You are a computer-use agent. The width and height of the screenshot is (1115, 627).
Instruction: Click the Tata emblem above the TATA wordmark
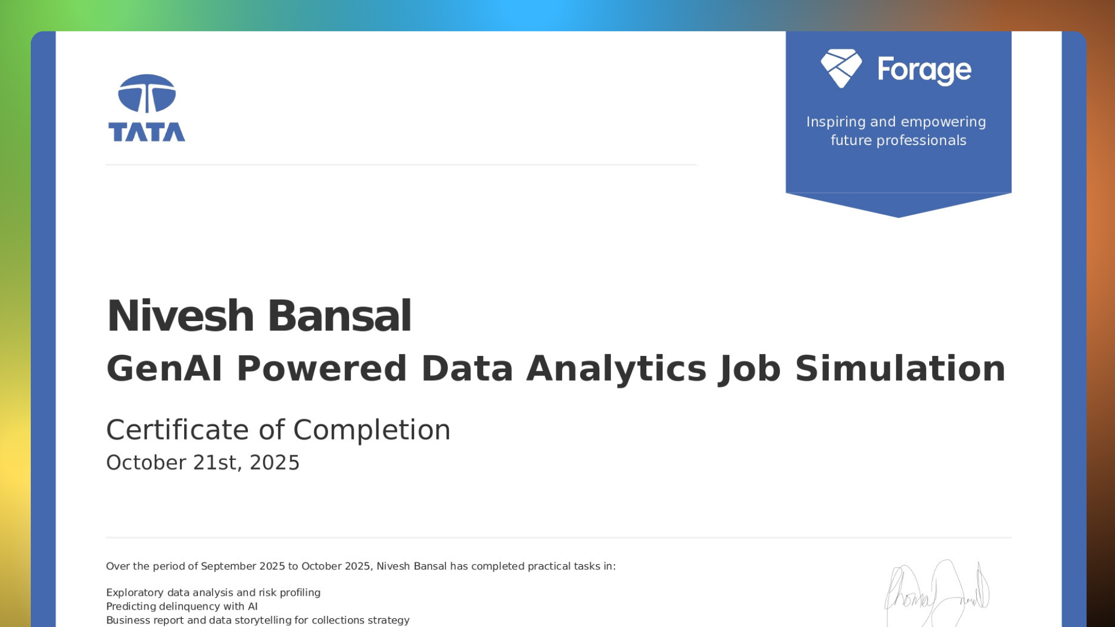(x=147, y=93)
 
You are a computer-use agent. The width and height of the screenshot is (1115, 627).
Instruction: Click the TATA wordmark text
(x=147, y=132)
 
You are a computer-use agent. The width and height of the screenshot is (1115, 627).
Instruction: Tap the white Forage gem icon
(x=841, y=69)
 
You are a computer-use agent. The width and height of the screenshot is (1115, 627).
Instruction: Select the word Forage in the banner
(x=924, y=70)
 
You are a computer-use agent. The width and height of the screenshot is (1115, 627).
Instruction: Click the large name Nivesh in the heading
(x=181, y=316)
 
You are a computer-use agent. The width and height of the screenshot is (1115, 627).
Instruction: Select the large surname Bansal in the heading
(x=339, y=316)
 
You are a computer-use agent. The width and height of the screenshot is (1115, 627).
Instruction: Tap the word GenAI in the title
(x=164, y=369)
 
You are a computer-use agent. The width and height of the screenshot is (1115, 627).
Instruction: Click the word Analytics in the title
(x=616, y=370)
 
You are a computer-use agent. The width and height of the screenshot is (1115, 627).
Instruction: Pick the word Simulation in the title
(x=900, y=369)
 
